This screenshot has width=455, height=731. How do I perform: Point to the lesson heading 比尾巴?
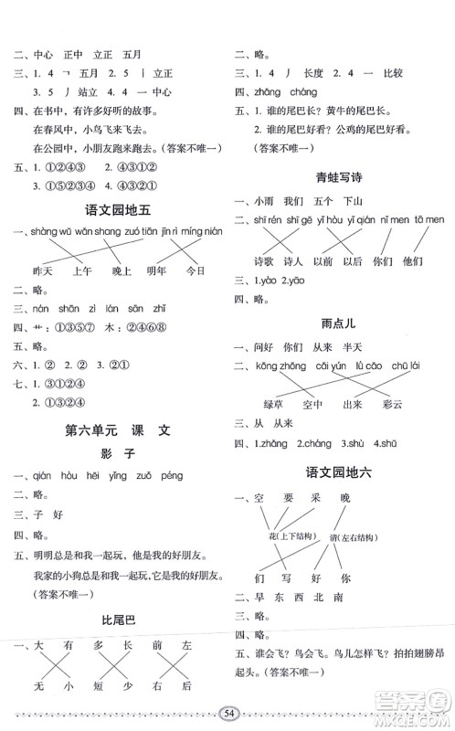(x=114, y=620)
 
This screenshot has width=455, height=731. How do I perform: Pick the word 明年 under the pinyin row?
(x=151, y=272)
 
